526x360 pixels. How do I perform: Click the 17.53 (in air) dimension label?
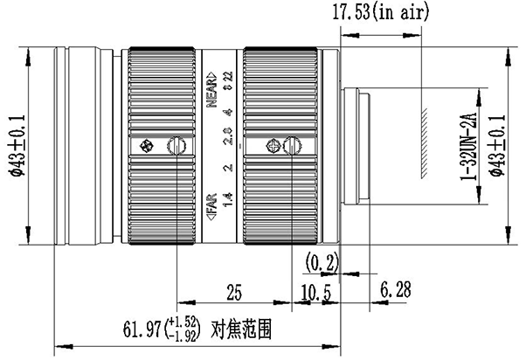380,13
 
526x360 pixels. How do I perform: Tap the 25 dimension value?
234,292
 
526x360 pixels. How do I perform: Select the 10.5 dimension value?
315,293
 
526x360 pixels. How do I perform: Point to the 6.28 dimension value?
396,289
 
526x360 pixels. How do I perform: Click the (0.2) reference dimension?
322,262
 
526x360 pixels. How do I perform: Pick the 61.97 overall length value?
142,329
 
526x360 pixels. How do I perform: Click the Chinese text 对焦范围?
241,329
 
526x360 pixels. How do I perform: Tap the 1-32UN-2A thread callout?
468,146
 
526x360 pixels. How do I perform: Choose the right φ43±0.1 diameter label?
497,146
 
